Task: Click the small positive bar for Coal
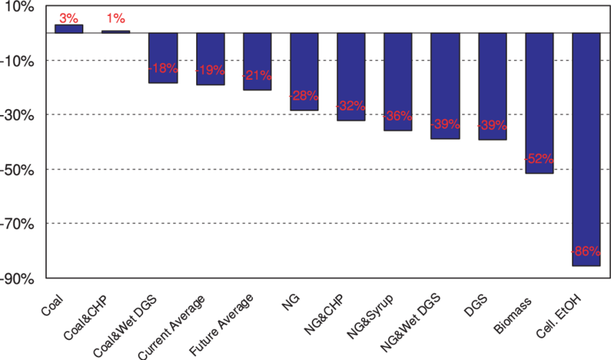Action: [x=69, y=29]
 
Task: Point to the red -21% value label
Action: [x=257, y=75]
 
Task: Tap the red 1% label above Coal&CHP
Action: [x=116, y=18]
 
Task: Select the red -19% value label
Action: [x=211, y=70]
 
